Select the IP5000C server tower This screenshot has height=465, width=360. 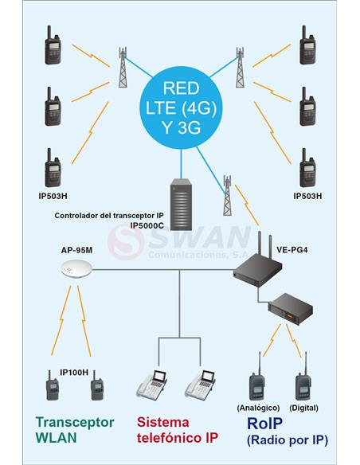[181, 205]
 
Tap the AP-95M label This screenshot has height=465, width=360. [76, 250]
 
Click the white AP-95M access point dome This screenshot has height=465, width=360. [76, 270]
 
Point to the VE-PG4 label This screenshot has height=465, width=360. [292, 250]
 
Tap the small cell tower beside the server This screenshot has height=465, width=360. [227, 195]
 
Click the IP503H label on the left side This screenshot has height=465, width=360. [53, 196]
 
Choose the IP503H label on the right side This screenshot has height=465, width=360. [307, 196]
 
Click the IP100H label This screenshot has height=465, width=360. [74, 373]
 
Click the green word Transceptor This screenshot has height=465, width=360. [75, 423]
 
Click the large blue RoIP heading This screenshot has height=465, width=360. [264, 424]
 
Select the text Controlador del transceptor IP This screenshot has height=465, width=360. [109, 216]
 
